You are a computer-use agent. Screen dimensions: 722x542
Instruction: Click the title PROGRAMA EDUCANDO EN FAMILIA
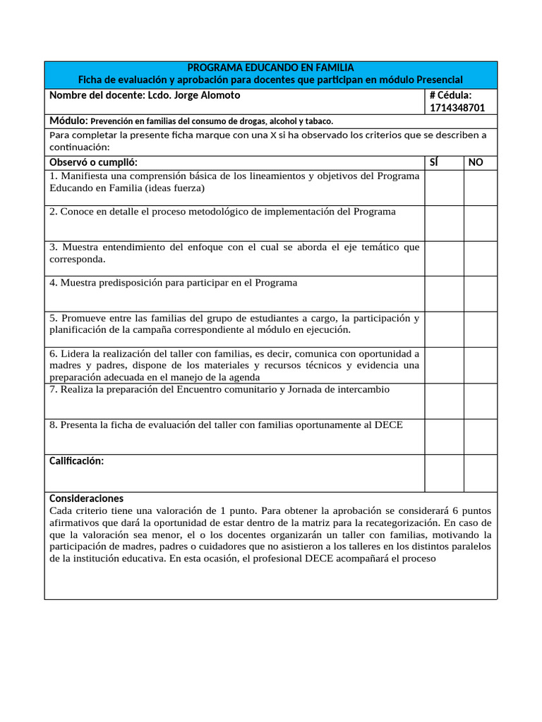(x=270, y=68)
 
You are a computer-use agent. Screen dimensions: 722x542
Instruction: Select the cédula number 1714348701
(x=457, y=108)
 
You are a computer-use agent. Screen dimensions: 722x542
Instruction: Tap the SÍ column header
(x=434, y=162)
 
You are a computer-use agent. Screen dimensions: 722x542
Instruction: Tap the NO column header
(x=476, y=162)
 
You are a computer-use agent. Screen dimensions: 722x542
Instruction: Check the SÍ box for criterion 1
(x=444, y=188)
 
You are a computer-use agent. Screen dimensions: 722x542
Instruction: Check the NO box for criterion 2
(x=480, y=223)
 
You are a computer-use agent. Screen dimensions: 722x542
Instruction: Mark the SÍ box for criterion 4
(x=444, y=293)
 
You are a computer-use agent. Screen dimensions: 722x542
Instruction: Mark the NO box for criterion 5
(x=480, y=329)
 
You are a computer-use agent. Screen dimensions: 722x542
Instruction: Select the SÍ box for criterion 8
(x=444, y=436)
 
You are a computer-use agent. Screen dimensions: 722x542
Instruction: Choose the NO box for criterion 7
(x=480, y=400)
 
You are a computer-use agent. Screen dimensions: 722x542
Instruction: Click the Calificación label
(x=76, y=461)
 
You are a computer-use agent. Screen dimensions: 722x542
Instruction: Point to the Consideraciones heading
(x=86, y=498)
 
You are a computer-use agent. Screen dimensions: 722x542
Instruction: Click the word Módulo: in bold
(x=68, y=121)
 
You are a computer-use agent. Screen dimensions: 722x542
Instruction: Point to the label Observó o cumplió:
(x=93, y=162)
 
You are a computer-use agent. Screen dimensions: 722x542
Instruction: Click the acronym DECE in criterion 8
(x=389, y=425)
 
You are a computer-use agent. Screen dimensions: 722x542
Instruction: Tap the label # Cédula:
(x=450, y=95)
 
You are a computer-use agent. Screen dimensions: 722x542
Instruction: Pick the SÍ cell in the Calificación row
(x=444, y=472)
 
